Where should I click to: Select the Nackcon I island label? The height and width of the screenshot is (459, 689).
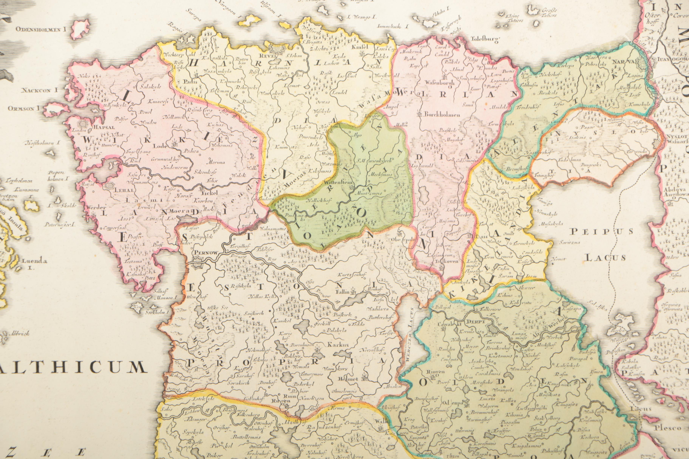pos(39,90)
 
